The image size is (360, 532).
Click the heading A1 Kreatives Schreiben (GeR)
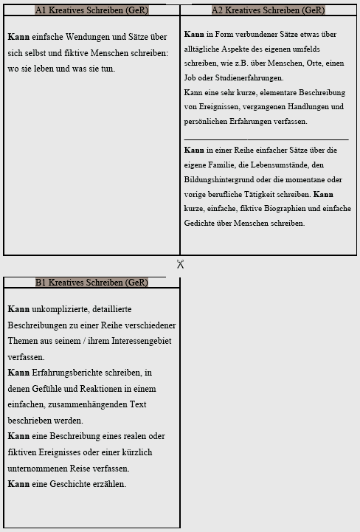click(91, 10)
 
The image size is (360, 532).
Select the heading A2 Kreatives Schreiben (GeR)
click(268, 10)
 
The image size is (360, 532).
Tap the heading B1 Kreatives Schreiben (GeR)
click(91, 283)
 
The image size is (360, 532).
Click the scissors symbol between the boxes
click(180, 264)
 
